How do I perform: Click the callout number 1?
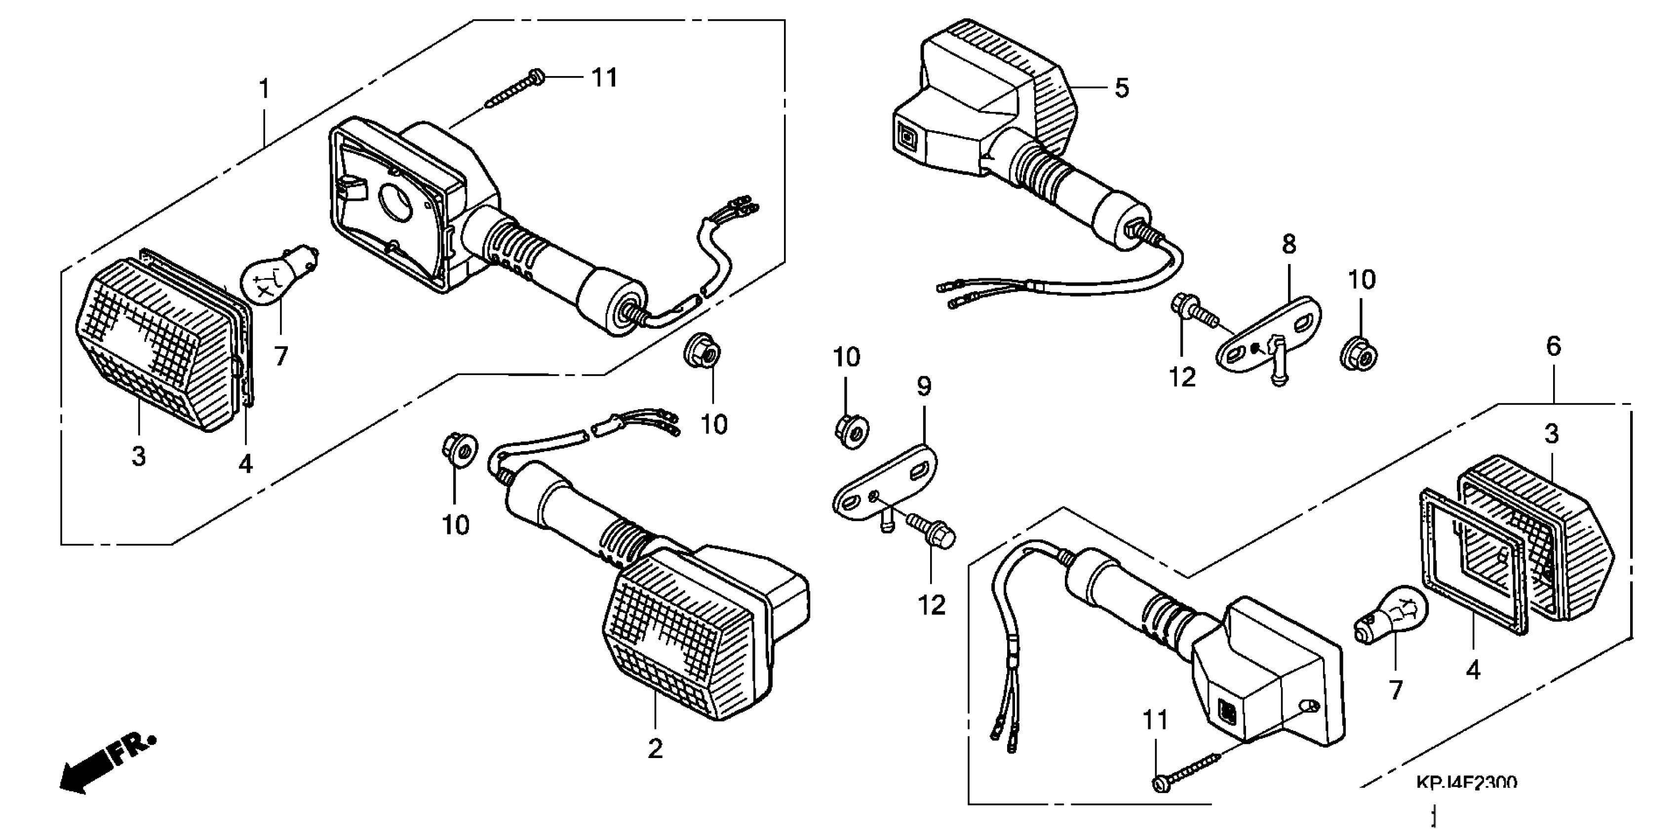[264, 89]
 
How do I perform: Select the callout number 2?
[655, 749]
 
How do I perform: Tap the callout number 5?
[1121, 88]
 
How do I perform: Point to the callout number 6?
[1554, 346]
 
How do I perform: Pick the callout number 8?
[1289, 244]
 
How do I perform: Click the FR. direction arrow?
[104, 766]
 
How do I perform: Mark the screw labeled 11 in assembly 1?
[515, 89]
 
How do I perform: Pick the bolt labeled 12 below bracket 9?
[933, 532]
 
